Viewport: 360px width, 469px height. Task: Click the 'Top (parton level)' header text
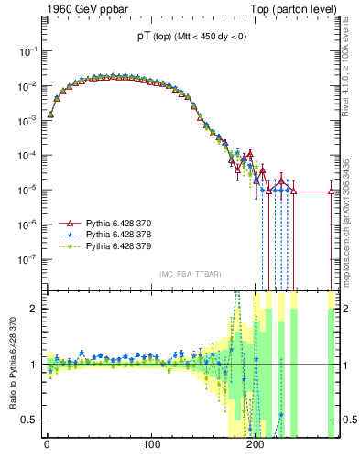click(292, 9)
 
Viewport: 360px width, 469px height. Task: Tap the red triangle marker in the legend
click(66, 223)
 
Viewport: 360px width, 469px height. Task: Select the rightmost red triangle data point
click(331, 191)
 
